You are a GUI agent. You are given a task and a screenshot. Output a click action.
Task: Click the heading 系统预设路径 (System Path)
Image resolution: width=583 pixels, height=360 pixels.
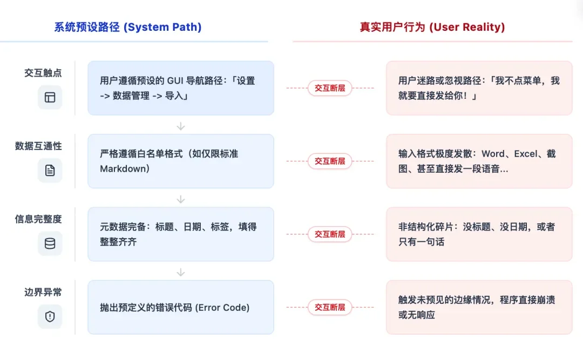point(127,27)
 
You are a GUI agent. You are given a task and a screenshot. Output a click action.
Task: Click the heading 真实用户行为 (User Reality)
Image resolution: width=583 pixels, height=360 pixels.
point(432,27)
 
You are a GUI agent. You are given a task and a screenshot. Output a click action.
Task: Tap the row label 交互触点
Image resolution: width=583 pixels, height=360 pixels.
point(43,73)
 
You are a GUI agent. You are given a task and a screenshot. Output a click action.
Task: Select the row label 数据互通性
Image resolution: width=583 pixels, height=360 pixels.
point(38,146)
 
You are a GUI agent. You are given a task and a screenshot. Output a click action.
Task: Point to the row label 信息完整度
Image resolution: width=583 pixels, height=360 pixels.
point(38,219)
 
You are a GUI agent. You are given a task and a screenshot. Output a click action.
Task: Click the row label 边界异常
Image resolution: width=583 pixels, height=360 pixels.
point(43,292)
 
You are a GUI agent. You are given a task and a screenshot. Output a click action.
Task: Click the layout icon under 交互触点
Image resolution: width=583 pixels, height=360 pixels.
point(50,97)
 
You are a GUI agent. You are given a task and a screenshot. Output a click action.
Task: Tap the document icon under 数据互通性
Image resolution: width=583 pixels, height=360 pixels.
point(50,171)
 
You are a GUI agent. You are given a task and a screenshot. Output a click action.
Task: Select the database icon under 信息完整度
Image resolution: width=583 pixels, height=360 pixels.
point(50,243)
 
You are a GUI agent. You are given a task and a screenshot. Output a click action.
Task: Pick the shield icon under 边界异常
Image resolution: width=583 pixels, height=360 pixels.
point(50,317)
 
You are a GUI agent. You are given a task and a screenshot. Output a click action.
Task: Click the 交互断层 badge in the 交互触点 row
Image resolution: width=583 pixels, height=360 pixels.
point(330,88)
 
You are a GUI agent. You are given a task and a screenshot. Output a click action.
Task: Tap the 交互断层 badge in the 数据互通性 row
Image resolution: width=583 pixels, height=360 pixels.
point(330,161)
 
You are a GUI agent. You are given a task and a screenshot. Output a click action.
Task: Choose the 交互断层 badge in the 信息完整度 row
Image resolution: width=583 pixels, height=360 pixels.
point(330,234)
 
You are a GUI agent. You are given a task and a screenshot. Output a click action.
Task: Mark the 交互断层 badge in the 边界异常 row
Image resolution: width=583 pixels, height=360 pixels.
point(330,307)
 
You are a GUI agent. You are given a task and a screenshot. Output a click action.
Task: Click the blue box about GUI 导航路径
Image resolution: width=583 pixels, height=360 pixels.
point(181,88)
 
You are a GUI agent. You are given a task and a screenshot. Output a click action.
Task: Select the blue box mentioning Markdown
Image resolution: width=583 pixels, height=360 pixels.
point(181,161)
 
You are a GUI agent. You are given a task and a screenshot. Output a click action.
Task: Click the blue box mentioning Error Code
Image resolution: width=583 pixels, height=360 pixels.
point(181,307)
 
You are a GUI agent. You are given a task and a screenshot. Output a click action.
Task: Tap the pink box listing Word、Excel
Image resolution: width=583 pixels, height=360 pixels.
point(479,161)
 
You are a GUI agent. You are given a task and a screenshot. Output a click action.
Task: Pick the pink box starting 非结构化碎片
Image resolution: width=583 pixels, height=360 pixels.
point(479,234)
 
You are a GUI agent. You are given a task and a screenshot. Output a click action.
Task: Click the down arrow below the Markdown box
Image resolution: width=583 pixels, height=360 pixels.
point(181,199)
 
